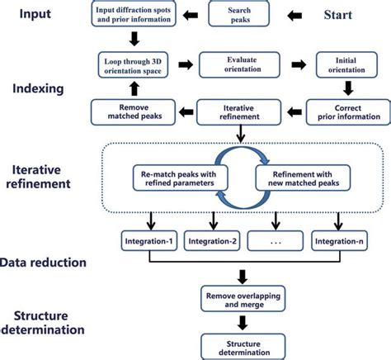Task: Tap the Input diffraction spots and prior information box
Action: coord(134,15)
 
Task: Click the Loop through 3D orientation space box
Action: coord(134,66)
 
